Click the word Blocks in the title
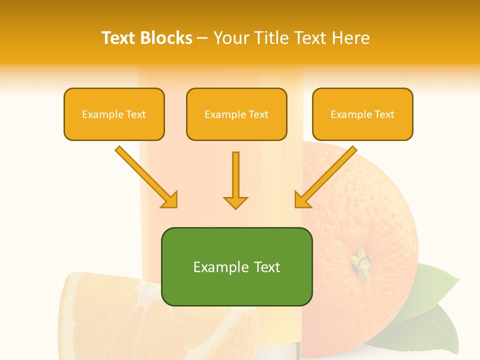tap(167, 38)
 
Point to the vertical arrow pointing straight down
tap(235, 175)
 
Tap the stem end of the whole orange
tap(360, 260)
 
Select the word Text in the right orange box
tap(384, 114)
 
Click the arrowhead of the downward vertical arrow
tap(235, 202)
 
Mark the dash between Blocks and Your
tap(202, 38)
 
